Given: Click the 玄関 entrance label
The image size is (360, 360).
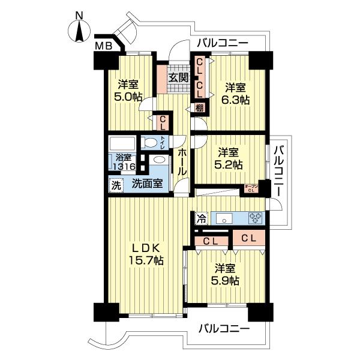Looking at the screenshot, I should coord(178,77).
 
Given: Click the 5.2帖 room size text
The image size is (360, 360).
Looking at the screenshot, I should coord(230,164).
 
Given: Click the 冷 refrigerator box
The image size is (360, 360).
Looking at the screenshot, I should coord(201,219).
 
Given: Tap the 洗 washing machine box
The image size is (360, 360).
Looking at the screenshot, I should coord(116,184).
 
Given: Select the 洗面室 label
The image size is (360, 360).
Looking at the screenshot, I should coord(147,184).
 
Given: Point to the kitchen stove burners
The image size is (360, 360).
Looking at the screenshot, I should coord(255,218).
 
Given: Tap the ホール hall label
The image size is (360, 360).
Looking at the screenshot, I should coord(181,162).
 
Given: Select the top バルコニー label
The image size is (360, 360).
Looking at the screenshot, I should coord(221,44).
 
